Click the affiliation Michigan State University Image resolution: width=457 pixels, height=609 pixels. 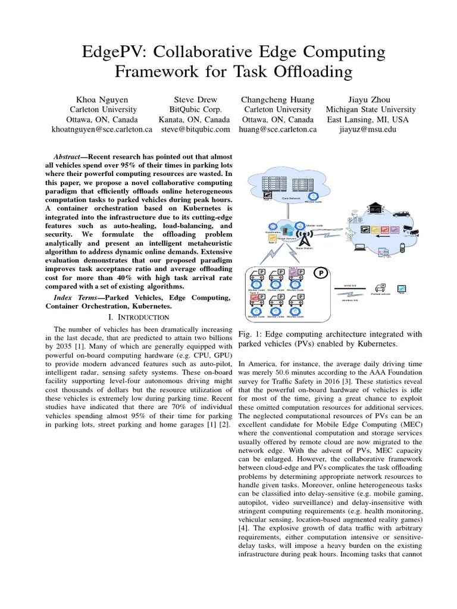coord(370,109)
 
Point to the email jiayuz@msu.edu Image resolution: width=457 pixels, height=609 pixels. coord(370,128)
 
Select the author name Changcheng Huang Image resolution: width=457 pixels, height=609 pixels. coord(277,99)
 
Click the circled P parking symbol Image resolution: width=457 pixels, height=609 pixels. coord(321,273)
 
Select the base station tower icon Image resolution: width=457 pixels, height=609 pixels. coord(303,238)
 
